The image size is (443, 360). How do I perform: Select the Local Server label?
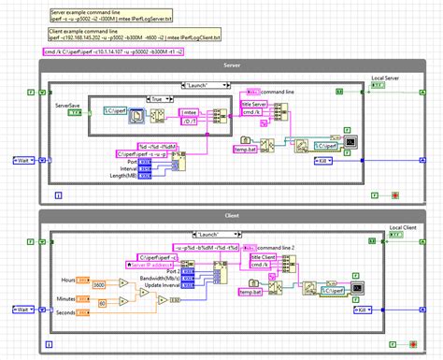(x=390, y=78)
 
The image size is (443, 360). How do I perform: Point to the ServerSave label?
(x=68, y=106)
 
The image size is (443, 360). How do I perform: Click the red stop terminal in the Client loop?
(x=396, y=345)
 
